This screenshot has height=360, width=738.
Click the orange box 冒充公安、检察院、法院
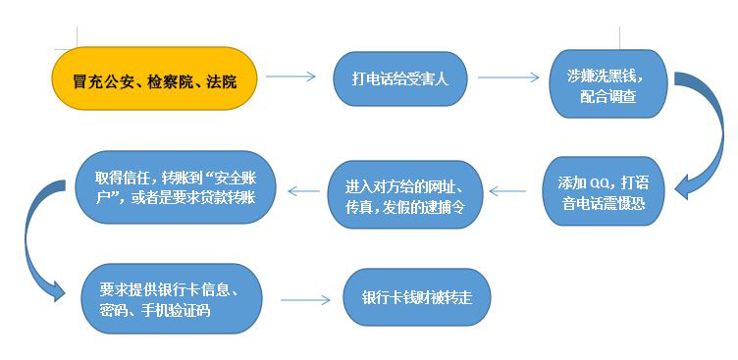point(155,77)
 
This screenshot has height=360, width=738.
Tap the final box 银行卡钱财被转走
point(417,296)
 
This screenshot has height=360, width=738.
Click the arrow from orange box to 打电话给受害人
point(290,77)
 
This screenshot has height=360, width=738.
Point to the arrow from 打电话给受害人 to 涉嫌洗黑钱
point(508,77)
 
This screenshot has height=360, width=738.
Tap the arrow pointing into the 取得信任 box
point(301,190)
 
